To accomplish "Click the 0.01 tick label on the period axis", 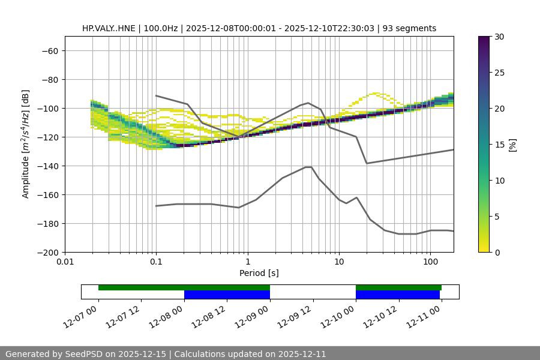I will tap(65, 262).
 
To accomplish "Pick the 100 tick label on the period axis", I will tap(430, 262).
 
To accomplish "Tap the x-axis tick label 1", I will tap(247, 262).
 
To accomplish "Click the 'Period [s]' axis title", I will tap(259, 273).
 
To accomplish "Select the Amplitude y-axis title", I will tap(26, 144).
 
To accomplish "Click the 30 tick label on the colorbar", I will tap(499, 37).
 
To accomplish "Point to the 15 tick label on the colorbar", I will tap(499, 145).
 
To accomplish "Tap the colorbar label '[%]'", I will tap(512, 145).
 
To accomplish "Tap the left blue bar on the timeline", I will tap(227, 295).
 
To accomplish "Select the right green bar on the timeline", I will tap(398, 287).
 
